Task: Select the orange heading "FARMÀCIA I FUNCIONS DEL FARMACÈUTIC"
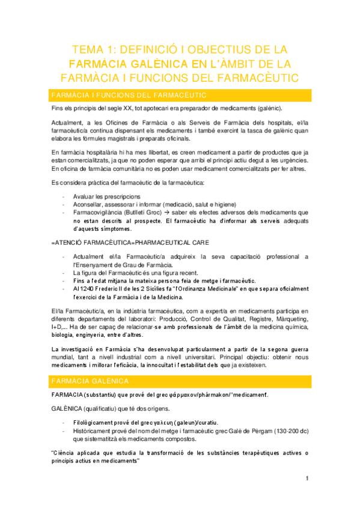coord(129,95)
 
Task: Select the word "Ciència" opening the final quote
coord(67,453)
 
